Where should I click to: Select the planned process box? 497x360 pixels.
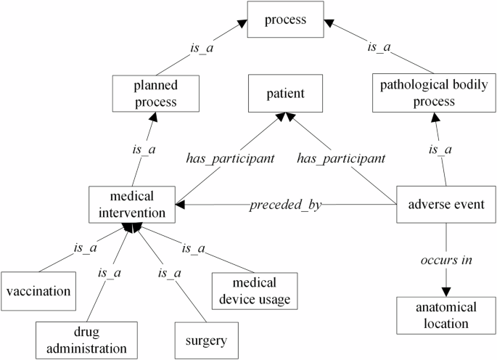(x=156, y=93)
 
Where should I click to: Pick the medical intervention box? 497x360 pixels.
(x=131, y=205)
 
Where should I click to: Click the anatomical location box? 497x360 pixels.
(x=442, y=316)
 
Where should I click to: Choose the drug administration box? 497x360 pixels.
(x=86, y=340)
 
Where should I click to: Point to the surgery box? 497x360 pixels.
(x=206, y=340)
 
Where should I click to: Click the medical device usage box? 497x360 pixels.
(x=255, y=290)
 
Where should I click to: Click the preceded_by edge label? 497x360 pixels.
(x=285, y=205)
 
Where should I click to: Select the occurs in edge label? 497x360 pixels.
(x=444, y=261)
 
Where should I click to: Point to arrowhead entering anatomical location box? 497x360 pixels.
(x=444, y=290)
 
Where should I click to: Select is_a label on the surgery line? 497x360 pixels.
(x=168, y=274)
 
